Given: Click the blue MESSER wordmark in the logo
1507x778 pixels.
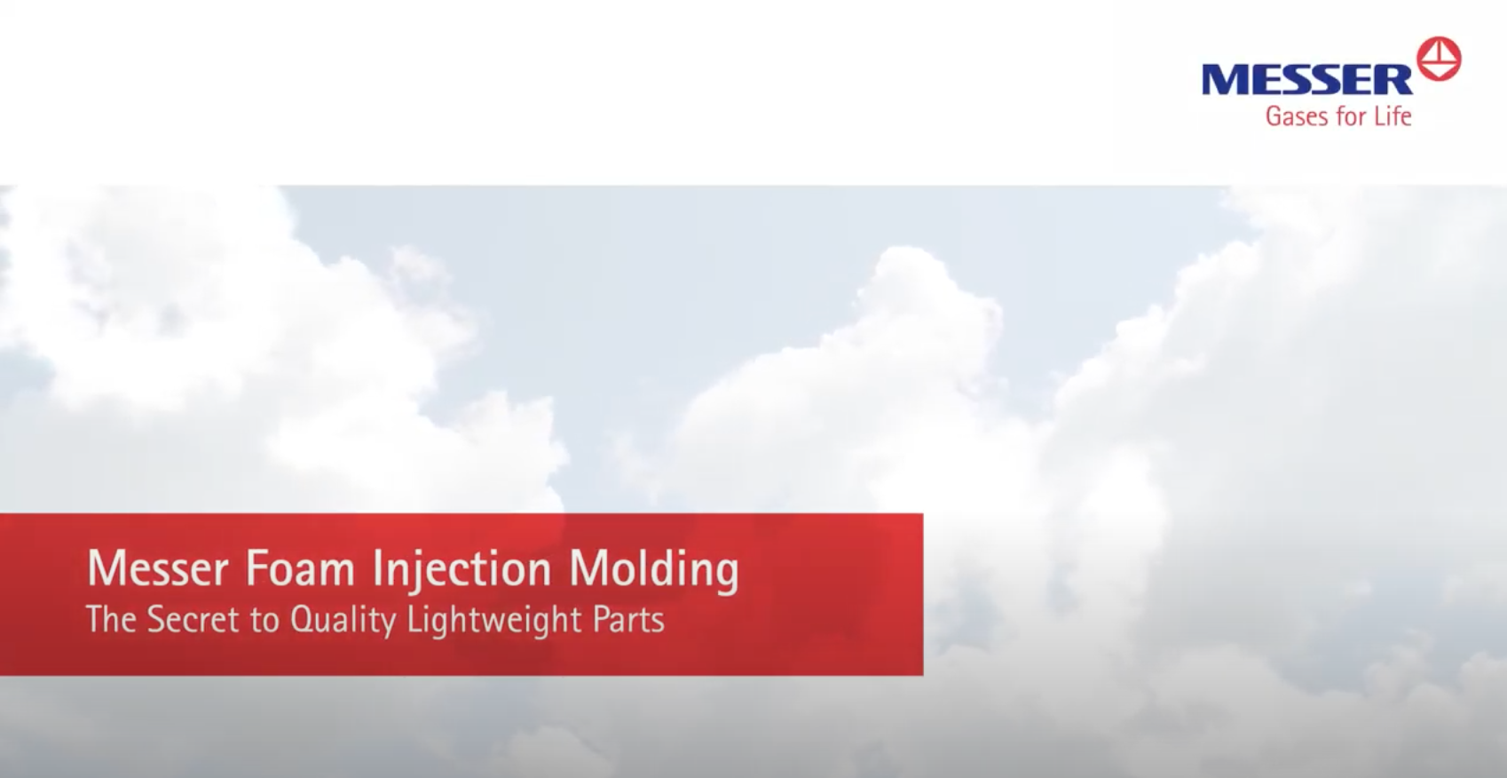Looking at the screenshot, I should coord(1306,79).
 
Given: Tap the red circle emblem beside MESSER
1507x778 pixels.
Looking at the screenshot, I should coord(1439,60).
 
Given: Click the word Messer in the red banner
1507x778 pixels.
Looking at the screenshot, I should coord(158,568).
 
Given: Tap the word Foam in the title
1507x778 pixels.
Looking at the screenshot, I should coord(300,568).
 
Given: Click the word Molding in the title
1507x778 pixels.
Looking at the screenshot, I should coord(653,568).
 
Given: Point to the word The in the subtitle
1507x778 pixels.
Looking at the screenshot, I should coord(111,619).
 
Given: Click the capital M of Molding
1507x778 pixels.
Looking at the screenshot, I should coord(586,568).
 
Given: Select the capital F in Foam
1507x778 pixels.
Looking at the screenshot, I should coord(255,568).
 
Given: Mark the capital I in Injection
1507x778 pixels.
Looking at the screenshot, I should coord(377,568).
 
